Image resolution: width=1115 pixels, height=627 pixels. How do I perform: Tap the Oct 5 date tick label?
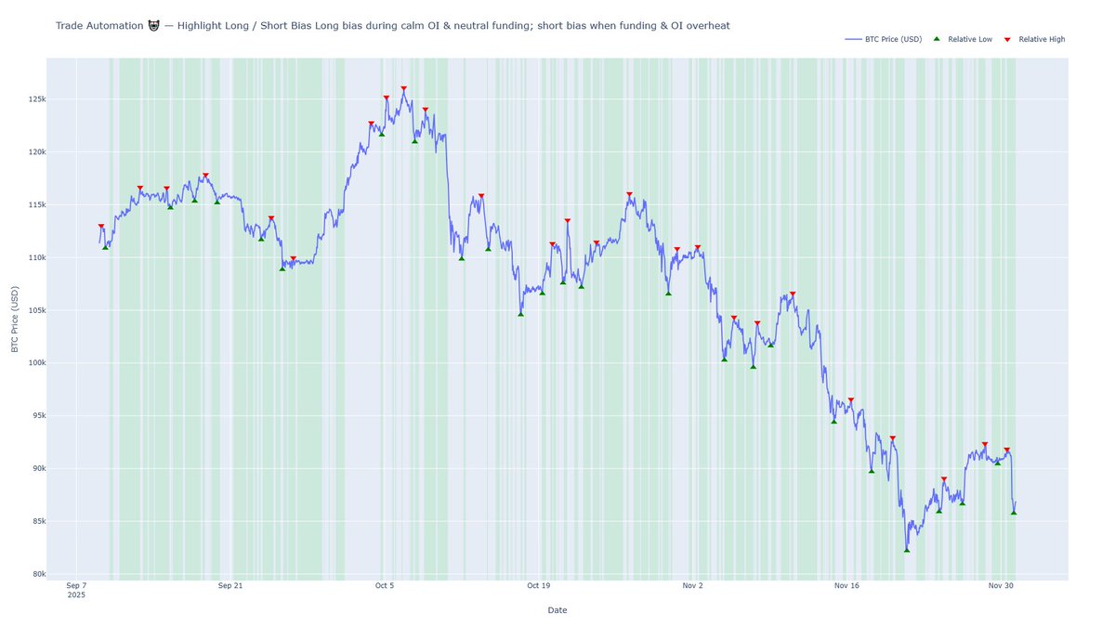tap(385, 586)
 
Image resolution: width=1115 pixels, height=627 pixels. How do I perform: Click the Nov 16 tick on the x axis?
tap(846, 586)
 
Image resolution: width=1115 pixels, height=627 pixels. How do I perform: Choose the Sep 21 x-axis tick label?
tap(230, 586)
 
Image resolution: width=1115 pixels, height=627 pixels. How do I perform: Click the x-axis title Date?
tap(557, 610)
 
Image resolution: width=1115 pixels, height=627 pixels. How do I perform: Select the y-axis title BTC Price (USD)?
tap(14, 319)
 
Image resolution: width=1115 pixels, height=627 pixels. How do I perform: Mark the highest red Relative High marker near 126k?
tap(403, 89)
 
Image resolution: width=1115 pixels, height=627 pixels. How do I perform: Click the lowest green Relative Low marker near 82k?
tap(907, 550)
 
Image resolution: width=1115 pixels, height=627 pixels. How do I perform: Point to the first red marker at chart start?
tap(101, 227)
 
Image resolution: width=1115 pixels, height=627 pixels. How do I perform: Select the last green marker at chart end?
tap(1014, 513)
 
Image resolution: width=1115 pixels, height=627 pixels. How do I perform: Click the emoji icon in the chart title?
tap(153, 26)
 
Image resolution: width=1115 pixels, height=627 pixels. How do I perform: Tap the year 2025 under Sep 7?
tap(76, 595)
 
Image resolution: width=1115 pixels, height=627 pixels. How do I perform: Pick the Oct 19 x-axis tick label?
tap(538, 586)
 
